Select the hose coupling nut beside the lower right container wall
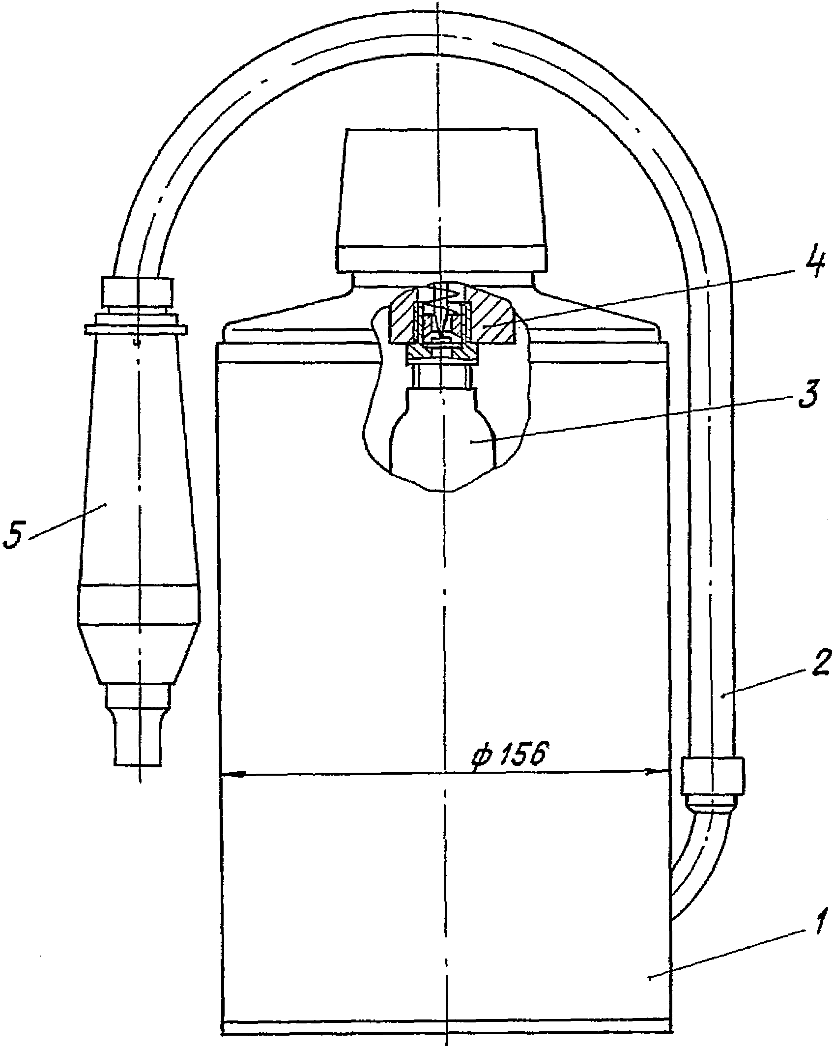712,790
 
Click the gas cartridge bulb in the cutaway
442,433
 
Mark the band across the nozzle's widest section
139,604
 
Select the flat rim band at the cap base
442,259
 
